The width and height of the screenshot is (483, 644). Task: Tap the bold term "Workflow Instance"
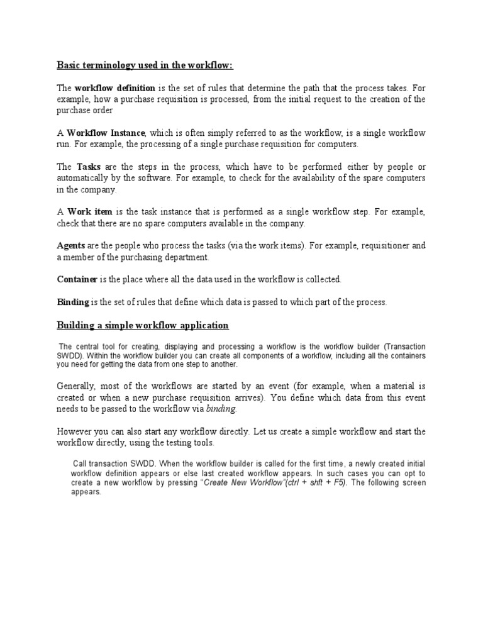[106, 133]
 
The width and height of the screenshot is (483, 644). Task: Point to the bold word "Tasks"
[89, 167]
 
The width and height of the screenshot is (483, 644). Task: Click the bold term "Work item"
[91, 213]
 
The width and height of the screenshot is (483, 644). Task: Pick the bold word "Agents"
[71, 246]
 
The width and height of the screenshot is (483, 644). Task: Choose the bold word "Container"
[77, 279]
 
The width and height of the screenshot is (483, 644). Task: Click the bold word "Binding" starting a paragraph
[73, 302]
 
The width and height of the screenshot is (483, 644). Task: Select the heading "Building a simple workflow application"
[143, 325]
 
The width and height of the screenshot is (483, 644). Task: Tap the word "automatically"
[84, 179]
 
